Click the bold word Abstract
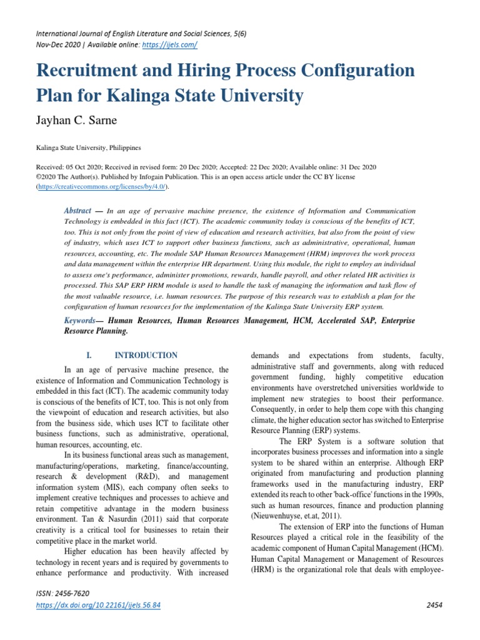pyautogui.click(x=78, y=211)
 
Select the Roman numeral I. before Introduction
pyautogui.click(x=89, y=355)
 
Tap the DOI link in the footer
pyautogui.click(x=98, y=606)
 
